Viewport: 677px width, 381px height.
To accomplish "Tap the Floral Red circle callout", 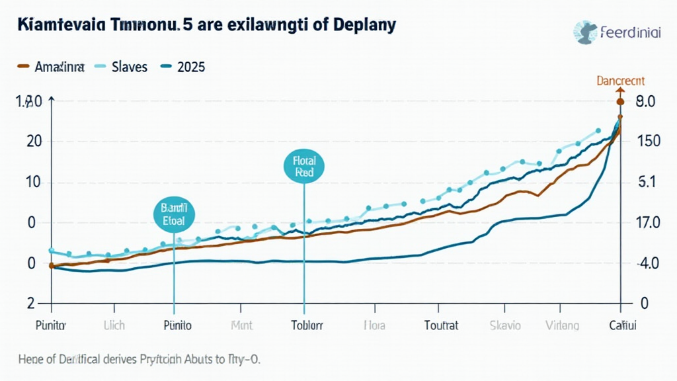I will (303, 166).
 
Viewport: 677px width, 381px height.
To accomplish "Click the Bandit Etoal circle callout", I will (174, 215).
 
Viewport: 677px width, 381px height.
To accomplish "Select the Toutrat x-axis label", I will (440, 325).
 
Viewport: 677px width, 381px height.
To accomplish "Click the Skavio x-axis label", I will (505, 325).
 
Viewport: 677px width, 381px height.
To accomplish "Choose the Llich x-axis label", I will (114, 325).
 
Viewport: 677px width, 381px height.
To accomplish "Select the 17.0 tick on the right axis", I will (646, 222).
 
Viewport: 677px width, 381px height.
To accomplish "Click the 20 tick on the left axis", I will (34, 142).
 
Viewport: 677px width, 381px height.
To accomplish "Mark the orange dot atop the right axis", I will (620, 102).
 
